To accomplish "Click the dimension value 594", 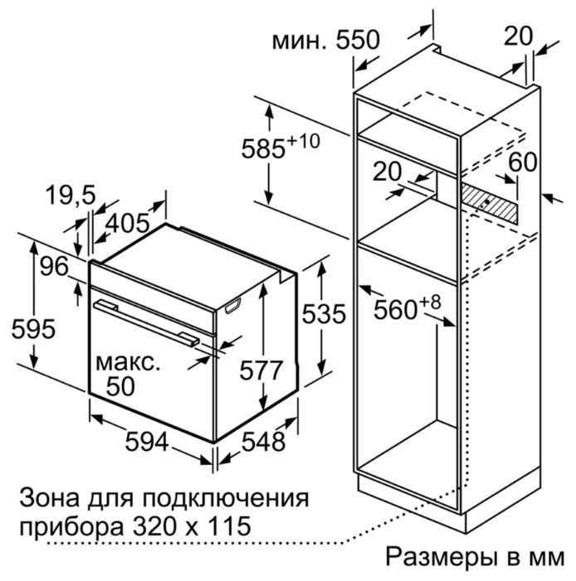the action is pos(147,441).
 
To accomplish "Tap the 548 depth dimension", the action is pos(263,441).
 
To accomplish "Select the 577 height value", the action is pos(261,370).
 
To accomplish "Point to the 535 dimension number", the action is pos(324,314).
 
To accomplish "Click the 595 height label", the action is pos(33,329).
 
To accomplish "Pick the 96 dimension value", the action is pos(54,266).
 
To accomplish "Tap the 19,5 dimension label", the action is pos(71,196).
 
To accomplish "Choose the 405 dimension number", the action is pos(127,224).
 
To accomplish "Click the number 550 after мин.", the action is pos(358,40).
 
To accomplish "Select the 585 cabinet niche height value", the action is pos(263,149).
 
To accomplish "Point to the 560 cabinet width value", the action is pos(395,310).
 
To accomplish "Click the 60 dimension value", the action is pos(523,162).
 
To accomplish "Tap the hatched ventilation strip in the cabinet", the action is pos(489,204).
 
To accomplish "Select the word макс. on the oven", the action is pos(128,363).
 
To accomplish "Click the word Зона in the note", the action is pos(49,498).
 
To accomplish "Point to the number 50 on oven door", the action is pos(120,386).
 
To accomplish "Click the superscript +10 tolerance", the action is pos(304,141).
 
